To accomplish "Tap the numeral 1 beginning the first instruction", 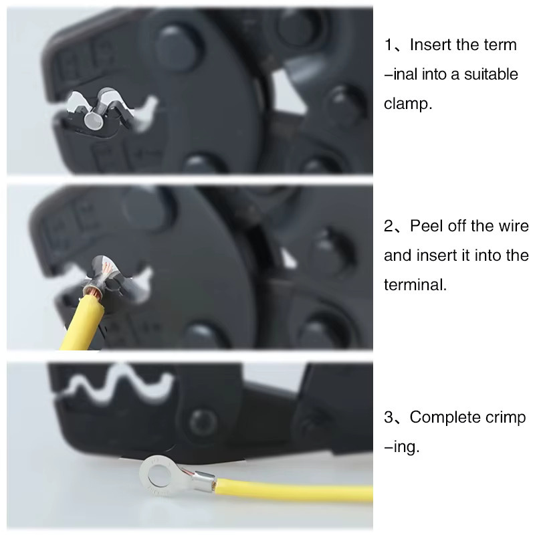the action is (389, 45).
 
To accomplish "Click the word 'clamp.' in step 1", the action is (408, 104).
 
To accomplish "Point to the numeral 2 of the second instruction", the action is (389, 226).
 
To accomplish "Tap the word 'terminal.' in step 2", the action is (415, 285).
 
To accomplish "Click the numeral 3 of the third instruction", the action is (389, 417).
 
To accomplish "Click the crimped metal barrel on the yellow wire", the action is (204, 480).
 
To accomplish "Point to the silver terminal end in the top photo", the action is (93, 120).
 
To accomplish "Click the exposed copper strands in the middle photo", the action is (94, 292).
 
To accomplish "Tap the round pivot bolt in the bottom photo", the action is (203, 423).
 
